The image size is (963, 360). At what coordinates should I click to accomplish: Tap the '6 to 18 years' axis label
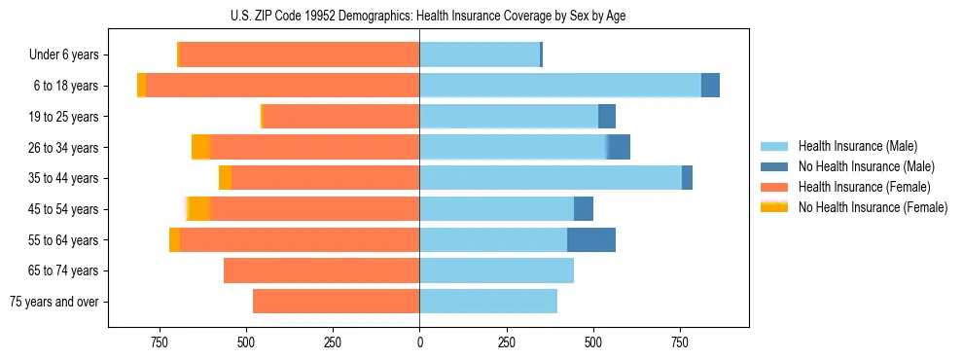66,86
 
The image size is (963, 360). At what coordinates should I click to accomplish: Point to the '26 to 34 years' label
64,147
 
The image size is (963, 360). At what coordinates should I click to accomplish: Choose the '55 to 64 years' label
64,239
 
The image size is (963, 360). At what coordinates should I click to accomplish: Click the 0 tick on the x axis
419,342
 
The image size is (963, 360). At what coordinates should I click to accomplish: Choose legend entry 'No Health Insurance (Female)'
873,207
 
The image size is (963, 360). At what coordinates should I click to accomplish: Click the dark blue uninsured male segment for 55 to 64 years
591,239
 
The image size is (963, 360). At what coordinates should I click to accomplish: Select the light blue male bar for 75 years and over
488,302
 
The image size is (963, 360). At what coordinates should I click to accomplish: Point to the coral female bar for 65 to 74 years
321,270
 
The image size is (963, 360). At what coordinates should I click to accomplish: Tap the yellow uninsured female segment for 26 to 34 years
200,147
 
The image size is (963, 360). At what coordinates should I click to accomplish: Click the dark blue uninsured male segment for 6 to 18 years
710,86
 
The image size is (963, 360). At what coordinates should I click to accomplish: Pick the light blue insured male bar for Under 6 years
480,54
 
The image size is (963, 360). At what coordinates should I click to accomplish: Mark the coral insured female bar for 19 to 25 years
341,117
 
